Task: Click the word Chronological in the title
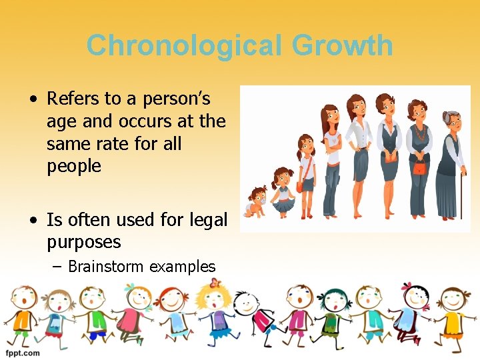pos(184,46)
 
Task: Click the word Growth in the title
pos(341,46)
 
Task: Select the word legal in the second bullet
pos(208,219)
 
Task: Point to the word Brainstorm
pos(106,267)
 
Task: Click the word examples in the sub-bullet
pos(182,267)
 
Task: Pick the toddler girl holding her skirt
pos(283,190)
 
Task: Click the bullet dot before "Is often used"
pos(33,219)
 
